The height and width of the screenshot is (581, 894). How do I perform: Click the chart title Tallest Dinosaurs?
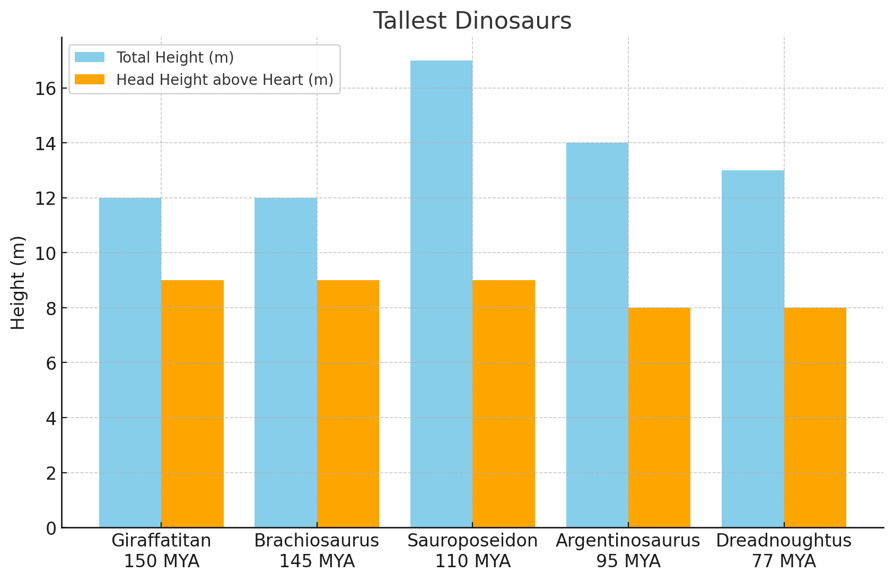(x=472, y=21)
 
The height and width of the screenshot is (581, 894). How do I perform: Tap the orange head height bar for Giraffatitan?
(x=192, y=404)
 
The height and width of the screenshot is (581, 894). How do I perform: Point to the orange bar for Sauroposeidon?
(x=504, y=404)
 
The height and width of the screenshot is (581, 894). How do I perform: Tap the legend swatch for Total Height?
(x=90, y=57)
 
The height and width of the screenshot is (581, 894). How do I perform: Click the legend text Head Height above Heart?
(x=225, y=80)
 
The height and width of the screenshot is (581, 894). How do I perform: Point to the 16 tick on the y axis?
(x=46, y=89)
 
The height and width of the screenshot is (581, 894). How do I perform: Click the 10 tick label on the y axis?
(x=46, y=253)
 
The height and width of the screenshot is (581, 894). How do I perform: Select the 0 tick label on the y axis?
(x=51, y=528)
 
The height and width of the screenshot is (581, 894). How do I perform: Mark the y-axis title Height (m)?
(x=18, y=282)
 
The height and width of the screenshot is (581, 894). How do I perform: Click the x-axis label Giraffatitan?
(x=161, y=541)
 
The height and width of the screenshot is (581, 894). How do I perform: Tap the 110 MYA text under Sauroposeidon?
(x=472, y=561)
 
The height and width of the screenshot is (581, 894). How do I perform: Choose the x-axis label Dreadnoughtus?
(x=784, y=541)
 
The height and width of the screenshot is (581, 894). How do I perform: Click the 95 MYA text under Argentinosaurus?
(x=628, y=561)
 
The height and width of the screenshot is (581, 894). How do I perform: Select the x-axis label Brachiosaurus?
(x=317, y=541)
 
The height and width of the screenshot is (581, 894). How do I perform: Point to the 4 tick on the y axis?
(x=51, y=418)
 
